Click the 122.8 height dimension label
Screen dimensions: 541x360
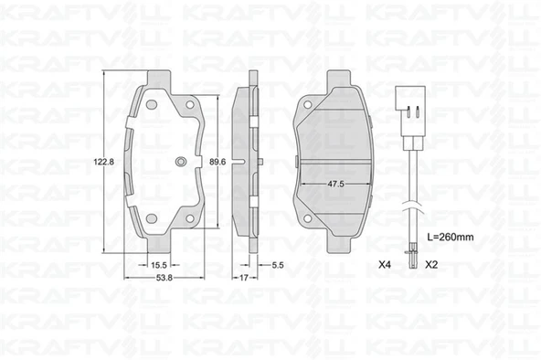coord(104,162)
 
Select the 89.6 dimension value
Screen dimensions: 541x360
coord(217,162)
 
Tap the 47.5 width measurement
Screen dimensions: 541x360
coord(335,184)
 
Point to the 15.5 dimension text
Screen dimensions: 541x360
coord(159,265)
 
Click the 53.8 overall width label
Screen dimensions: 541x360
coord(164,278)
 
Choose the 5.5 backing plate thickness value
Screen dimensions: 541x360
coord(278,265)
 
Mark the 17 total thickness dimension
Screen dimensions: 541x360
coord(244,278)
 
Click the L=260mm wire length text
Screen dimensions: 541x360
coord(451,237)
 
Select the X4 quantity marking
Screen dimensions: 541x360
coord(385,265)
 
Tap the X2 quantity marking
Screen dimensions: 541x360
coord(431,265)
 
